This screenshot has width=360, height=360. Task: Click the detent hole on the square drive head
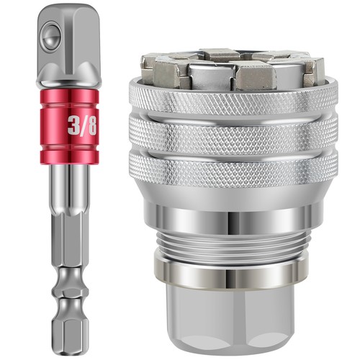point(50,32)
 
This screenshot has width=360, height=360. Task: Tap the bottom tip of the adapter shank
point(69,338)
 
